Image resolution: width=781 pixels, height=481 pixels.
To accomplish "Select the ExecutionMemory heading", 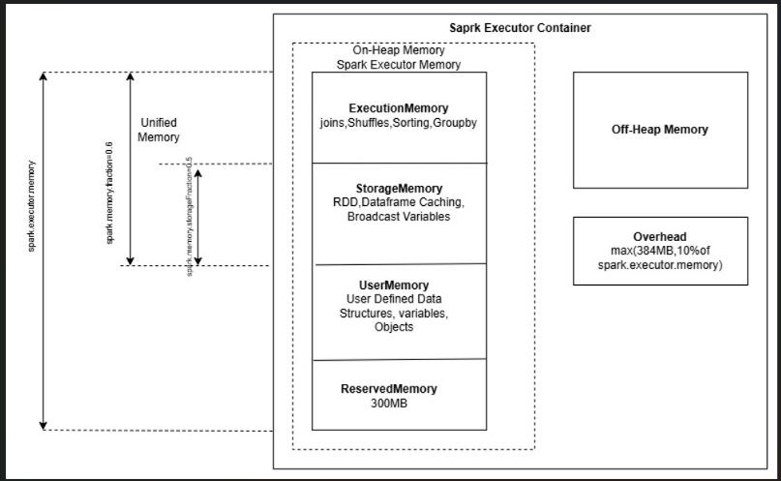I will pos(399,107).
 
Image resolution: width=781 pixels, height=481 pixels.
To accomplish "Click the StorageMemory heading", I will pos(399,188).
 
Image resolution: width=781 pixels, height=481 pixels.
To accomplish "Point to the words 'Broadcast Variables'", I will pos(399,217).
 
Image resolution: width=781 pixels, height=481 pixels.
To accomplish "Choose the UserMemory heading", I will pos(399,286).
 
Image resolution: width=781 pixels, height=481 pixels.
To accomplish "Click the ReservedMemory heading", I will pos(389,388).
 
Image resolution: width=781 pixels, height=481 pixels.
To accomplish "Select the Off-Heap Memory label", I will pos(660,130).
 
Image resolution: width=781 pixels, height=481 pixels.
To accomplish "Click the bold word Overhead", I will pos(660,236).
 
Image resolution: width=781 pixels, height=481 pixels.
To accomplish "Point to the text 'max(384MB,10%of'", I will pos(660,251).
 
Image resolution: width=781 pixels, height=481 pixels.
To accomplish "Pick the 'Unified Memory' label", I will pos(159,130).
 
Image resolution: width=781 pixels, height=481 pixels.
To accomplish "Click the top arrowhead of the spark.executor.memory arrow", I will pos(43,76).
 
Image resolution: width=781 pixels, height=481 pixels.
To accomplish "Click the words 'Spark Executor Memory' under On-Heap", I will pos(399,65).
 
